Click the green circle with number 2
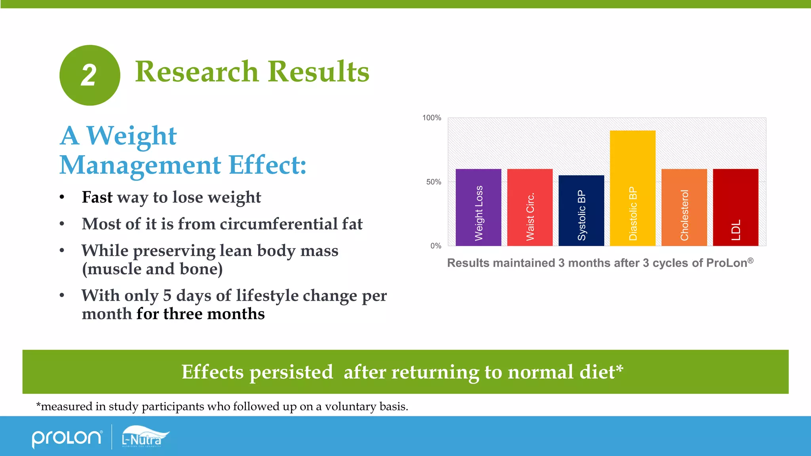pyautogui.click(x=90, y=75)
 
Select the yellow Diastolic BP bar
pyautogui.click(x=632, y=188)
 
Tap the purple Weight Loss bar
pyautogui.click(x=478, y=207)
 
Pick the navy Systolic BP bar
pyautogui.click(x=581, y=211)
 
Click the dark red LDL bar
pyautogui.click(x=736, y=207)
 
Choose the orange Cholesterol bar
pyautogui.click(x=684, y=207)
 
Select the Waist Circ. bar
pyautogui.click(x=530, y=207)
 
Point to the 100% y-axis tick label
pyautogui.click(x=432, y=118)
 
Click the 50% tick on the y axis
pyautogui.click(x=434, y=182)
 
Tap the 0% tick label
pyautogui.click(x=436, y=246)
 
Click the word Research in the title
pyautogui.click(x=197, y=72)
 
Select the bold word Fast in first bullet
pyautogui.click(x=97, y=197)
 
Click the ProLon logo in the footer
pyautogui.click(x=67, y=438)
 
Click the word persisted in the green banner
pyautogui.click(x=291, y=372)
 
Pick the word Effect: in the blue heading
pyautogui.click(x=267, y=165)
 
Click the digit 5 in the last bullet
pyautogui.click(x=167, y=296)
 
